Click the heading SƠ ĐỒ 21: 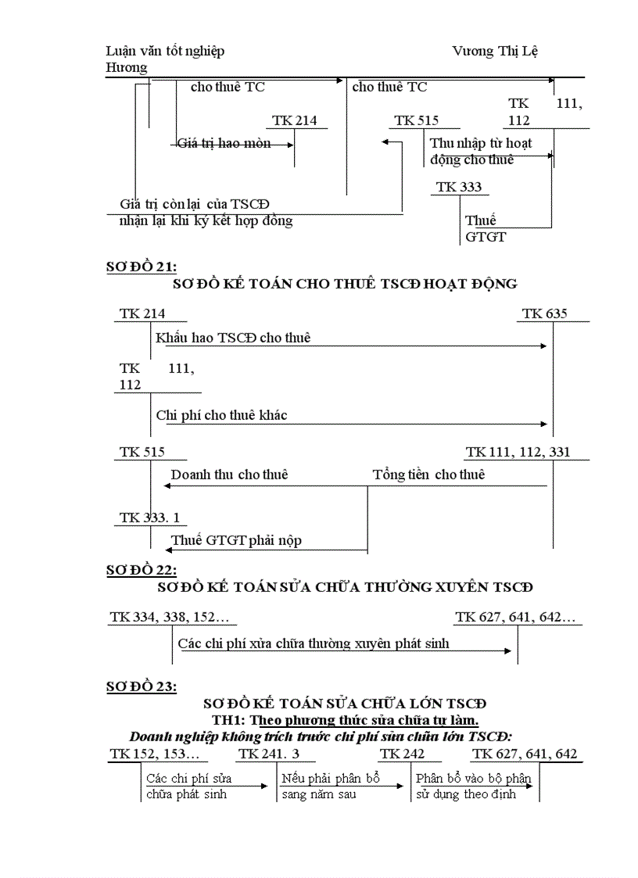pos(142,267)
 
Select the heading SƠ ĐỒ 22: pos(142,570)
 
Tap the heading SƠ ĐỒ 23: pos(142,686)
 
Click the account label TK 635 pos(545,314)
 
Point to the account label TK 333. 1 pos(149,518)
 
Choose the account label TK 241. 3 pos(269,754)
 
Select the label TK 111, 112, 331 pos(518,452)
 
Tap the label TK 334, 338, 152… pos(170,618)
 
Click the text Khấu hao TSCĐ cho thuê pos(233,338)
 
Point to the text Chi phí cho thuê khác pos(221,415)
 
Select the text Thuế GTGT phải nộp pos(236,540)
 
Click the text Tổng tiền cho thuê pos(428,475)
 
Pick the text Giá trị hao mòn pos(224,143)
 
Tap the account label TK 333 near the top pos(459,187)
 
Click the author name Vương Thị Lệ pos(495,51)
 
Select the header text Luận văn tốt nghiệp pos(165,51)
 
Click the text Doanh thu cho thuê pos(229,475)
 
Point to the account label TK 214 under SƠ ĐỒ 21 pos(142,314)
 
